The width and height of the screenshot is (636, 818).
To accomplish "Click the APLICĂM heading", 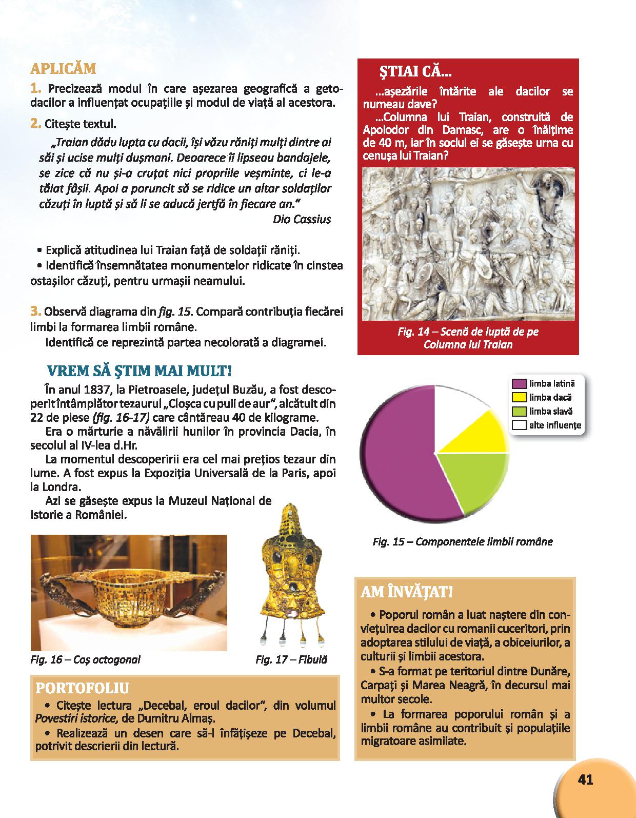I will tap(63, 69).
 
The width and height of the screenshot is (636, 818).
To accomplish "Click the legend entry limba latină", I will tap(551, 383).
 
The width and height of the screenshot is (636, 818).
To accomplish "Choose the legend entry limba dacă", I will tap(550, 397).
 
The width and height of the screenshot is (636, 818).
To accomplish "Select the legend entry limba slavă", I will tap(550, 411).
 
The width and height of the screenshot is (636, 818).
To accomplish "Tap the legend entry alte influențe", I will tap(554, 425).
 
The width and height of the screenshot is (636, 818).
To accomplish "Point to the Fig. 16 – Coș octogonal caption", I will tap(85, 659).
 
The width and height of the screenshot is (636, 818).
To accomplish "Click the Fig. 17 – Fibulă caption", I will tap(291, 660).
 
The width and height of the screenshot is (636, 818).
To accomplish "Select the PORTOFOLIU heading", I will tap(82, 688).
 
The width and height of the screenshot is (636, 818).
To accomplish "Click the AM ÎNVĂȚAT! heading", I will tap(406, 592).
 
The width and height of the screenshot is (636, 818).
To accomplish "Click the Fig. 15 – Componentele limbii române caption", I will tap(463, 541).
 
